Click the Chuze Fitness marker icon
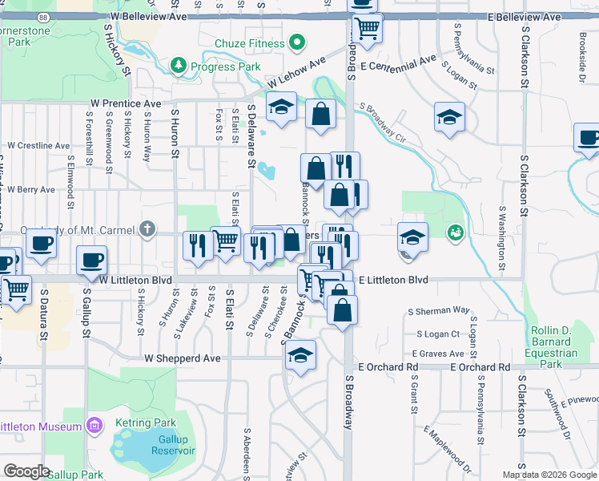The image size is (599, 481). coord(297,42)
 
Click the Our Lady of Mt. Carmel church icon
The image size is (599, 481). coord(146,230)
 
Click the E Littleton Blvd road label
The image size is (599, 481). coord(393,280)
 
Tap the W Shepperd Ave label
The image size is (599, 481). coord(180,358)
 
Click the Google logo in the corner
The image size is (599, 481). coord(26,471)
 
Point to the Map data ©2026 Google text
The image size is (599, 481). coord(549,475)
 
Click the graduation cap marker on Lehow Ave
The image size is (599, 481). coord(282,109)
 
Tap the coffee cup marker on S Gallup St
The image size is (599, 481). coord(91,260)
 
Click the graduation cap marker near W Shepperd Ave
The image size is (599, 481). coord(300,355)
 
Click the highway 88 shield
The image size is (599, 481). coord(42,16)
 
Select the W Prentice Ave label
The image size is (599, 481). coord(126,103)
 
